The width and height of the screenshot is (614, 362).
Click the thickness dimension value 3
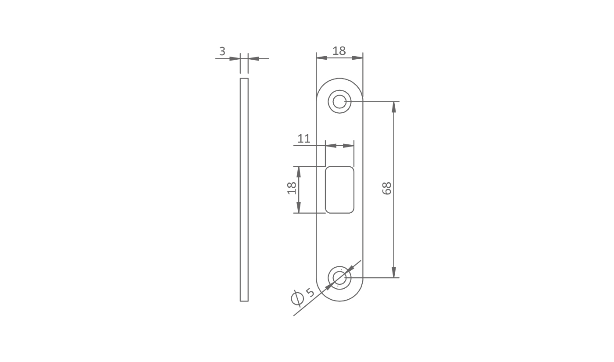click(x=222, y=51)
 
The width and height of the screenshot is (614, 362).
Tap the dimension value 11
click(x=303, y=139)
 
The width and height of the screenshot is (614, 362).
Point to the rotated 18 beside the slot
click(x=292, y=188)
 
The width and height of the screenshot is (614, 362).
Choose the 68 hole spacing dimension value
click(x=387, y=188)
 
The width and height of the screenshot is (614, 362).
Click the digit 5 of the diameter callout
click(x=311, y=293)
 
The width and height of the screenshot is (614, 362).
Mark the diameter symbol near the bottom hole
click(x=297, y=298)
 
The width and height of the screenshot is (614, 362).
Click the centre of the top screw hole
click(x=339, y=101)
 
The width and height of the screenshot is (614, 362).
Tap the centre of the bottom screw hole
click(x=339, y=278)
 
